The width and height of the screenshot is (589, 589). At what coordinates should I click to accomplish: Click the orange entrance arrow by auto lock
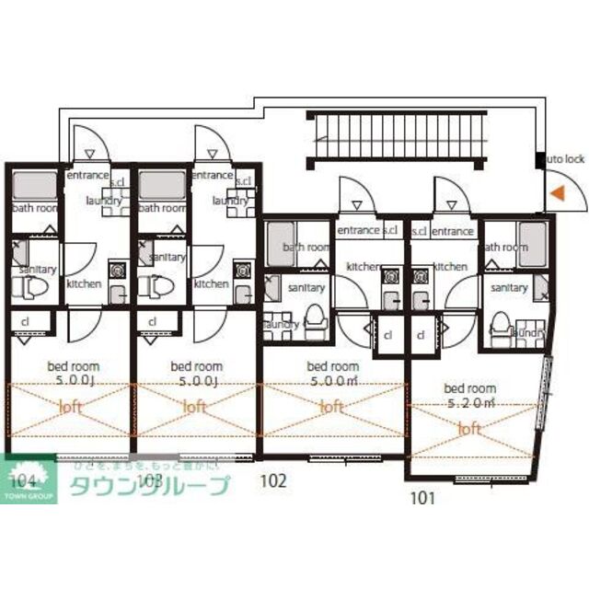tap(557, 193)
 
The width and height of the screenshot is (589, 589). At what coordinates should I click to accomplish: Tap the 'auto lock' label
tap(563, 158)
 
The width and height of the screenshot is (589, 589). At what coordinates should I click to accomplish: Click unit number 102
tap(273, 479)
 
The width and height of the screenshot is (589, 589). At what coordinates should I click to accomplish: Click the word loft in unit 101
tap(469, 428)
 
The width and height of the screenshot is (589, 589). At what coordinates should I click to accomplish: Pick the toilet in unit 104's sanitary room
tap(31, 287)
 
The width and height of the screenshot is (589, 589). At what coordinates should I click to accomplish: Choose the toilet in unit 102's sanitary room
tap(314, 317)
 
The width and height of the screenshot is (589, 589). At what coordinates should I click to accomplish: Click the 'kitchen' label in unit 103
tap(212, 283)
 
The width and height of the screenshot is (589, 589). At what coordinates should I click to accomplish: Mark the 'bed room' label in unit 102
tap(331, 365)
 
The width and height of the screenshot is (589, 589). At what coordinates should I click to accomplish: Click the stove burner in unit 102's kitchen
tap(390, 274)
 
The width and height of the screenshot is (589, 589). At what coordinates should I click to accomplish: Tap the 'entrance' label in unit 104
tap(87, 174)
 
